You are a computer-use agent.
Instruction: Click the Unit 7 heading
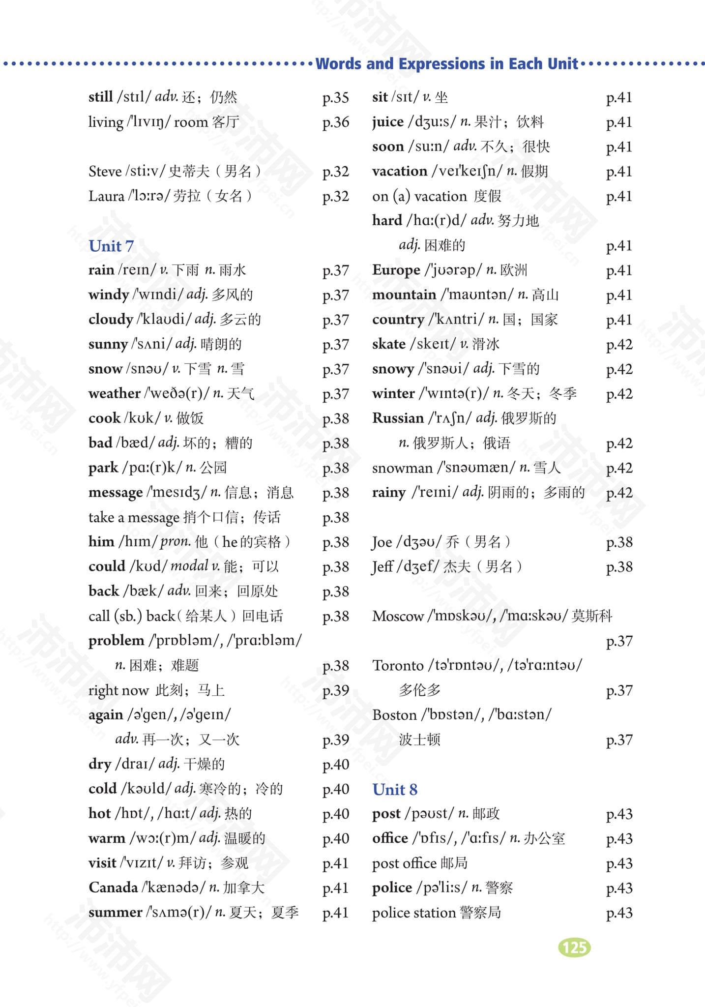111,246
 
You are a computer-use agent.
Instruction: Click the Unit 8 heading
395,789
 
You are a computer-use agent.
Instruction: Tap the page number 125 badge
574,947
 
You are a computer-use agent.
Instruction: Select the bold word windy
109,295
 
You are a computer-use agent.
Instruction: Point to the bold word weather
114,393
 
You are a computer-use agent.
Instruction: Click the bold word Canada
113,888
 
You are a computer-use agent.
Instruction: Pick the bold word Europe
396,270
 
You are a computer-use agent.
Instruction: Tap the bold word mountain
404,295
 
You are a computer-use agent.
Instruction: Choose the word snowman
402,468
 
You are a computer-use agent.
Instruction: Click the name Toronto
398,665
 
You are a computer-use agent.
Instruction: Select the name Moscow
398,616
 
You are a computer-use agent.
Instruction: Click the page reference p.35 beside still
335,97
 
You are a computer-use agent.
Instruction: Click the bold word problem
116,641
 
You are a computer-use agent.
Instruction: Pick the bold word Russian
398,418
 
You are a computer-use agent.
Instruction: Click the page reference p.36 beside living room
335,122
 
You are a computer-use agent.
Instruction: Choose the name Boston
394,715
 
